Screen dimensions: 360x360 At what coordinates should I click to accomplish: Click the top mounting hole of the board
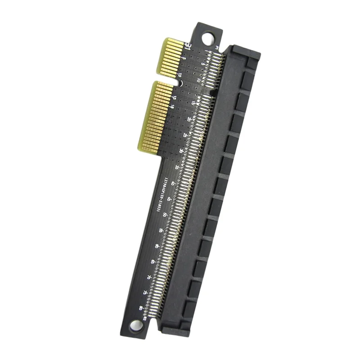pos(208,38)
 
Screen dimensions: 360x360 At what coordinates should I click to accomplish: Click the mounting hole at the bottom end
pos(135,325)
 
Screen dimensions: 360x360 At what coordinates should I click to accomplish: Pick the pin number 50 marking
pos(165,215)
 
